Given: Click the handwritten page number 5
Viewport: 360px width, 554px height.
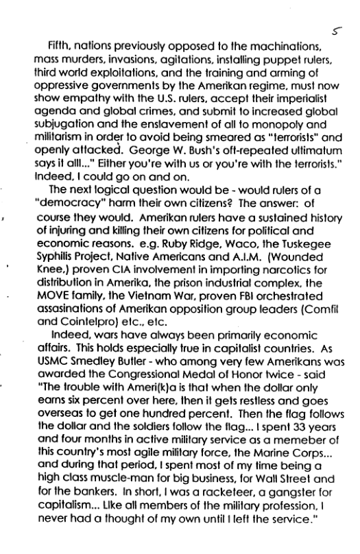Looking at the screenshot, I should coord(333,31).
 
